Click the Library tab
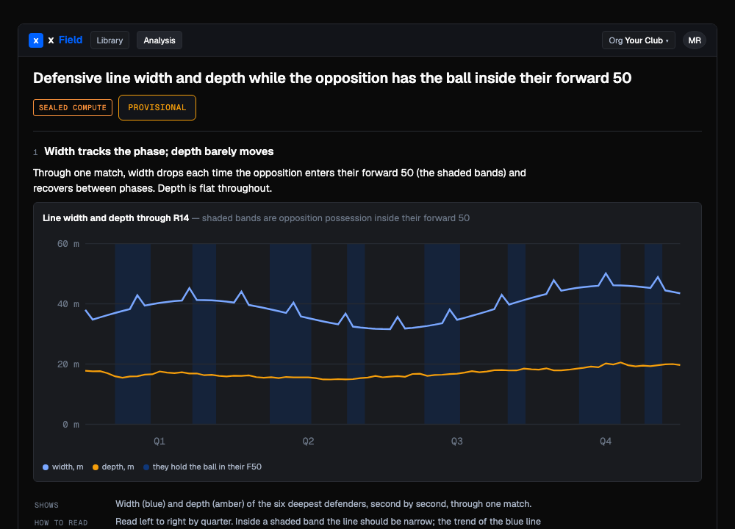tap(110, 40)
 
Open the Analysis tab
tap(159, 40)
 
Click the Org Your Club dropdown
tap(639, 40)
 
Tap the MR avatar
tap(695, 40)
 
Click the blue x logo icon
tap(36, 40)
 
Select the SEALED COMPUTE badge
tap(73, 108)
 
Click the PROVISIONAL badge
tap(157, 108)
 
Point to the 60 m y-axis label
tap(68, 244)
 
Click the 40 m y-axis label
tap(68, 304)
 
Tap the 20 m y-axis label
tap(68, 364)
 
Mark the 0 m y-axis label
tap(71, 425)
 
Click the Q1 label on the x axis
tap(159, 442)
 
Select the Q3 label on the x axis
tap(456, 442)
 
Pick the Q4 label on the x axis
tap(606, 442)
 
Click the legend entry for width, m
tap(62, 467)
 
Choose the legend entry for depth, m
tap(113, 467)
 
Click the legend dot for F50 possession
tap(146, 467)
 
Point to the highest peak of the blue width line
tap(606, 273)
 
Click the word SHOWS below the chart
tap(46, 505)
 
